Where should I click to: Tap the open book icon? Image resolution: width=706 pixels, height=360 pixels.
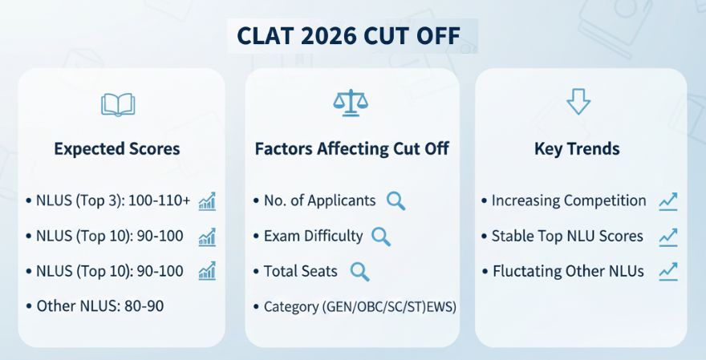(118, 104)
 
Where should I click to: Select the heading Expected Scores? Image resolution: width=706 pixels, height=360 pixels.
(117, 148)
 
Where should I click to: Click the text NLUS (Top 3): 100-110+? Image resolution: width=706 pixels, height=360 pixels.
(113, 200)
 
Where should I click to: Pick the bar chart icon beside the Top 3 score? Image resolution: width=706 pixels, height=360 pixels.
(207, 200)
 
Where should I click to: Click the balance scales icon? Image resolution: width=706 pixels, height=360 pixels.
(349, 103)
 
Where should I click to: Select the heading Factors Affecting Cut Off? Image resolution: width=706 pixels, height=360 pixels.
(351, 148)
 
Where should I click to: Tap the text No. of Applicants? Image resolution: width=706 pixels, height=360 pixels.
(319, 200)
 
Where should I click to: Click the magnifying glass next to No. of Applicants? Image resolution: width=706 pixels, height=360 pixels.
(396, 200)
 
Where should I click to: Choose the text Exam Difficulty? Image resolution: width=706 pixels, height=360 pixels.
(313, 236)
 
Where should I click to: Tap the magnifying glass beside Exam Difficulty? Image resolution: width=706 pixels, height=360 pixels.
(381, 236)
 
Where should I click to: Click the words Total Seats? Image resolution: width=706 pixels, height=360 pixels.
(300, 271)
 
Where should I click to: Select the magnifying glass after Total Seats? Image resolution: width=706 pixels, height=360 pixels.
(360, 271)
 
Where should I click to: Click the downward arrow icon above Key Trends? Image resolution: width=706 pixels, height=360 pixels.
(578, 102)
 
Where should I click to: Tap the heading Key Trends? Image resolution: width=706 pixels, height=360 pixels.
(577, 148)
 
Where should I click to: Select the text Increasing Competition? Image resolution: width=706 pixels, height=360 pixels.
(568, 200)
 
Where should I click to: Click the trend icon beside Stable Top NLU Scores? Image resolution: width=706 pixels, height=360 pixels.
(667, 236)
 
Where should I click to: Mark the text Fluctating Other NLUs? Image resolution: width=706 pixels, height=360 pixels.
(567, 271)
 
